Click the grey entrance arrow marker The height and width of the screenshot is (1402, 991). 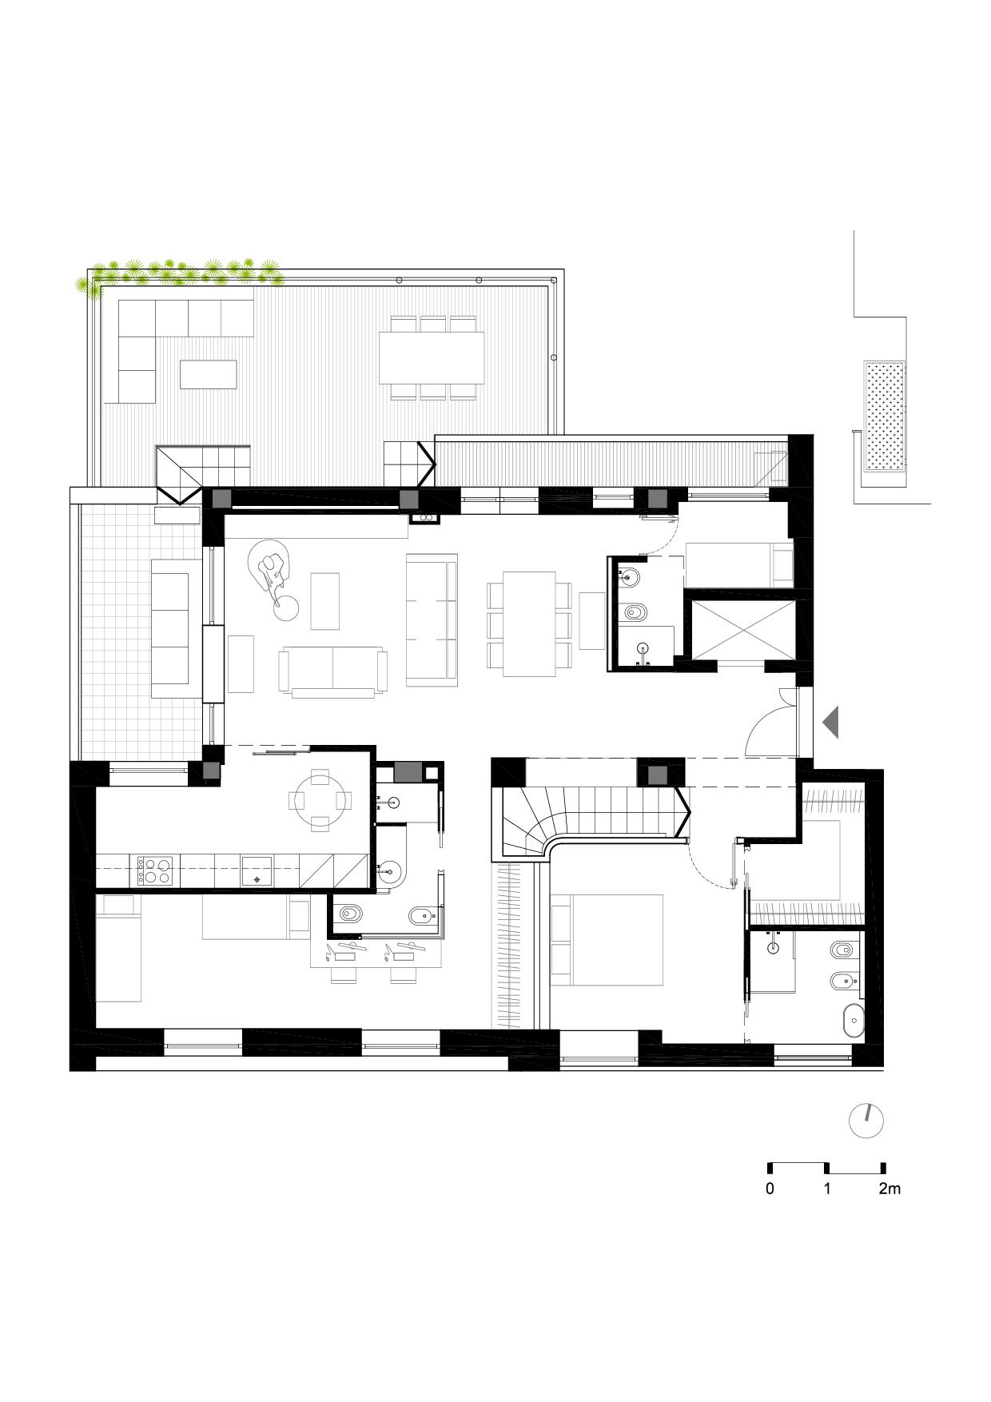(x=831, y=722)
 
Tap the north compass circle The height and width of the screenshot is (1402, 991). (x=866, y=1121)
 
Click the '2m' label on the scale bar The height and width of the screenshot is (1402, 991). (x=889, y=1189)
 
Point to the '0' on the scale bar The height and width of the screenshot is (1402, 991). (x=770, y=1189)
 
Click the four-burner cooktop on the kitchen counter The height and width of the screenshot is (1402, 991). (x=155, y=870)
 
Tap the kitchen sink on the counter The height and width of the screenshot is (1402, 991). (x=257, y=870)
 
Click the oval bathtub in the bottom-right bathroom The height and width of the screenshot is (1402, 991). (x=853, y=1022)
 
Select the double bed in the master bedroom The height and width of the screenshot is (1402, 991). (x=607, y=939)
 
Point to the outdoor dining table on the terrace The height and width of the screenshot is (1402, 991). (x=432, y=357)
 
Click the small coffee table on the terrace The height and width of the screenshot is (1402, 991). (x=209, y=374)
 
